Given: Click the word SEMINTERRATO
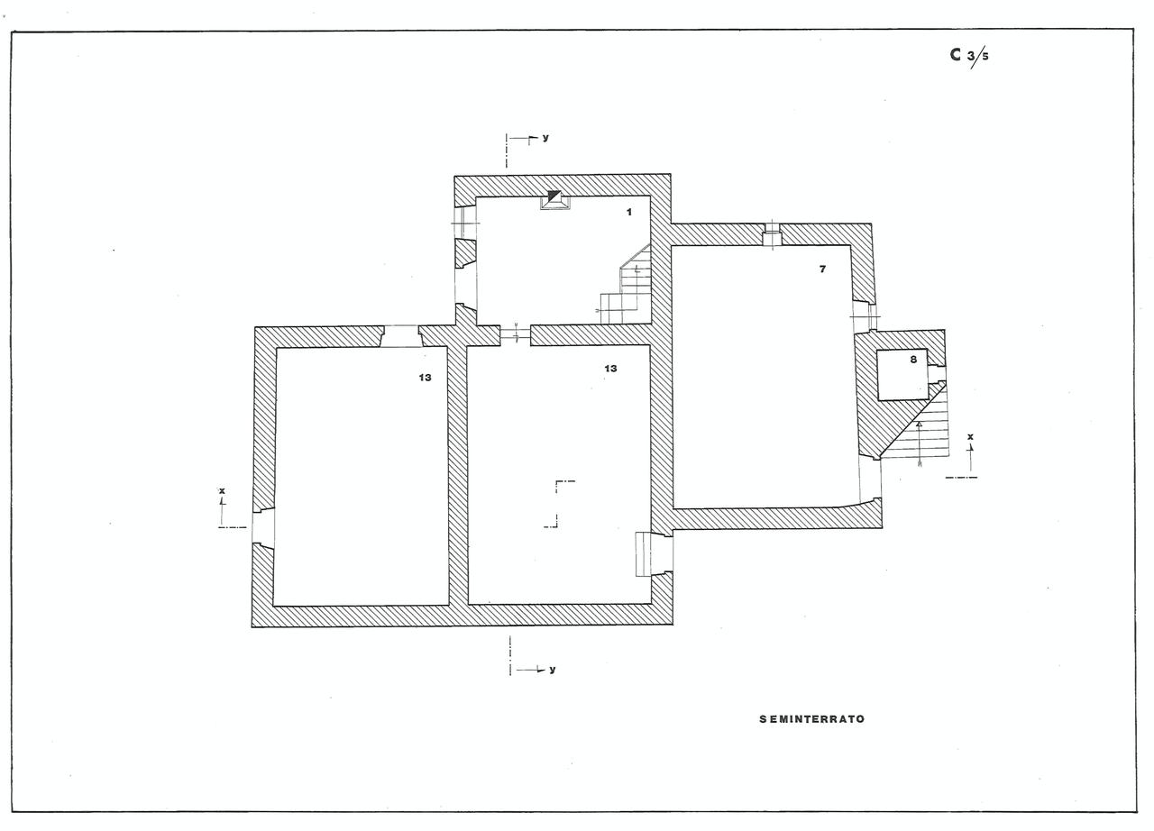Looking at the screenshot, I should point(811,719).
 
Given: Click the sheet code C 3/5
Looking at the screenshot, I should point(968,55).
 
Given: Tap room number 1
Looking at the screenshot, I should point(629,212).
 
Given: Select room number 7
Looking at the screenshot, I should point(822,269).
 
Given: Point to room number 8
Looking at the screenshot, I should point(912,359).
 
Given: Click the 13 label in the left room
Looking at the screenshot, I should point(425,378).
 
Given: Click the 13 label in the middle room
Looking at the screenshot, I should point(610,369).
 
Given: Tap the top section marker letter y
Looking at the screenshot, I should point(545,138).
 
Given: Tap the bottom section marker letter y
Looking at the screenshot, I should point(552,670).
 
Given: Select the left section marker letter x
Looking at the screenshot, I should point(222,492).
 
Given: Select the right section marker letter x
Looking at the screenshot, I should point(970,437).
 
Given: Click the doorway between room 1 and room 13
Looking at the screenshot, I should point(515,335).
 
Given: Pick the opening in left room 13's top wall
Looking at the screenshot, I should point(401,336).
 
